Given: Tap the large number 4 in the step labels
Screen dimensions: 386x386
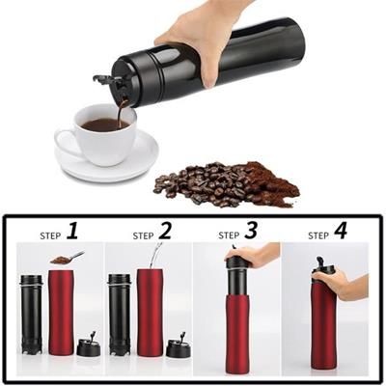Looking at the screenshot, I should pos(339,232).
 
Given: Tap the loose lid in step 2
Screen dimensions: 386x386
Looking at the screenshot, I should pos(177,345).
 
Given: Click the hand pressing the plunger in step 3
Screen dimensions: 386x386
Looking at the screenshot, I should pos(256,256).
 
